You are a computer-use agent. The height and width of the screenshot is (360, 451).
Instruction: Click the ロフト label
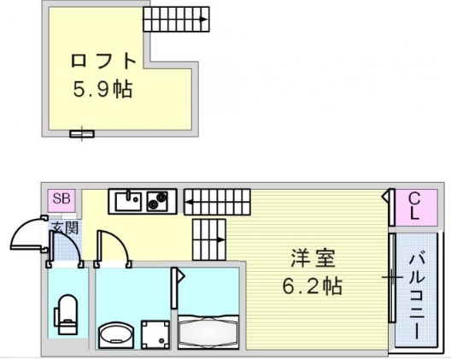103,61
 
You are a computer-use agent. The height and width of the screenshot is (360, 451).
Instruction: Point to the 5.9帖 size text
102,89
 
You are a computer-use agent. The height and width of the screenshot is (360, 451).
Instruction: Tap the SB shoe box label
61,198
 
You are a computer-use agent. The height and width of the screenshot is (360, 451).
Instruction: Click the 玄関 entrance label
65,227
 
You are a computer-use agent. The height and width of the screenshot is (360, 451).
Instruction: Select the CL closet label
414,206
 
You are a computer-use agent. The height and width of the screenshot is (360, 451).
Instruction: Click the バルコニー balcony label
417,295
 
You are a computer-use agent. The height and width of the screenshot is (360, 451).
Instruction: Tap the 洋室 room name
313,258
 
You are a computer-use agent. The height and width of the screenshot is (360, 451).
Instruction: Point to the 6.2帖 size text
313,286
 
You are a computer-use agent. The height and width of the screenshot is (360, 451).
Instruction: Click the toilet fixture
66,314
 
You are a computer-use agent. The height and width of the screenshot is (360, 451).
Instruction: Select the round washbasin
116,334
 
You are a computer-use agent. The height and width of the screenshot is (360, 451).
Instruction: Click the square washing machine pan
155,334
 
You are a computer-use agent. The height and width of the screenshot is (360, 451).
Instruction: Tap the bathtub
208,332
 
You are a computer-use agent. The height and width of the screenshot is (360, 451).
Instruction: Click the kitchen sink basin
128,201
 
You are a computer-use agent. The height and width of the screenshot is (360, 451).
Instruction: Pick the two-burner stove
157,201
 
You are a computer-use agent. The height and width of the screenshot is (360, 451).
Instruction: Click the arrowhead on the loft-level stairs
204,20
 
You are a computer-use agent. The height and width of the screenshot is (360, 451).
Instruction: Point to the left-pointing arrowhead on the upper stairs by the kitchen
189,202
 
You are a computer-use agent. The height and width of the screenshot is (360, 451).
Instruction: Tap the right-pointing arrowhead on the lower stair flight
221,239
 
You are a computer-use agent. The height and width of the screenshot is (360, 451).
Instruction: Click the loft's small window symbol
82,133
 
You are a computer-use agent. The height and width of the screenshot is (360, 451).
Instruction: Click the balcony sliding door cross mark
392,278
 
